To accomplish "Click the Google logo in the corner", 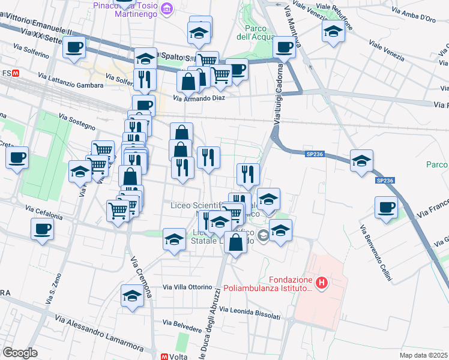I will coord(20,353).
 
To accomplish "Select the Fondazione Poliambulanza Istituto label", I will coord(268,284).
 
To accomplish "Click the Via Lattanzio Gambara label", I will coord(70,81).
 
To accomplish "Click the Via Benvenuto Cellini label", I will coord(376,253).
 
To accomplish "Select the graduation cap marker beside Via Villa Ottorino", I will coord(132,296).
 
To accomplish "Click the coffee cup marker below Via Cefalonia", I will coord(42,229).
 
